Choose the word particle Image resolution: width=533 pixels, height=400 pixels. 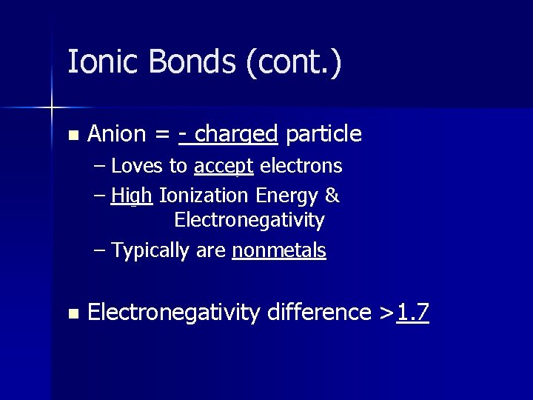(x=324, y=135)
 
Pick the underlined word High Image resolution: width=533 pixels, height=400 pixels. (x=132, y=196)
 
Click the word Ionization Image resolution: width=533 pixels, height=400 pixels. (x=204, y=196)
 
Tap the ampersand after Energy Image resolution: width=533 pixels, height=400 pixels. (x=332, y=196)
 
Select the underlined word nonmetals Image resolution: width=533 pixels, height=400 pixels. (x=279, y=251)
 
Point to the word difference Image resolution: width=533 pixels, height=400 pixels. (x=319, y=313)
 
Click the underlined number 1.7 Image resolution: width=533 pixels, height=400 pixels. (x=413, y=313)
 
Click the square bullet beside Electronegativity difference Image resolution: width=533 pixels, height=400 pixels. (x=72, y=314)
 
